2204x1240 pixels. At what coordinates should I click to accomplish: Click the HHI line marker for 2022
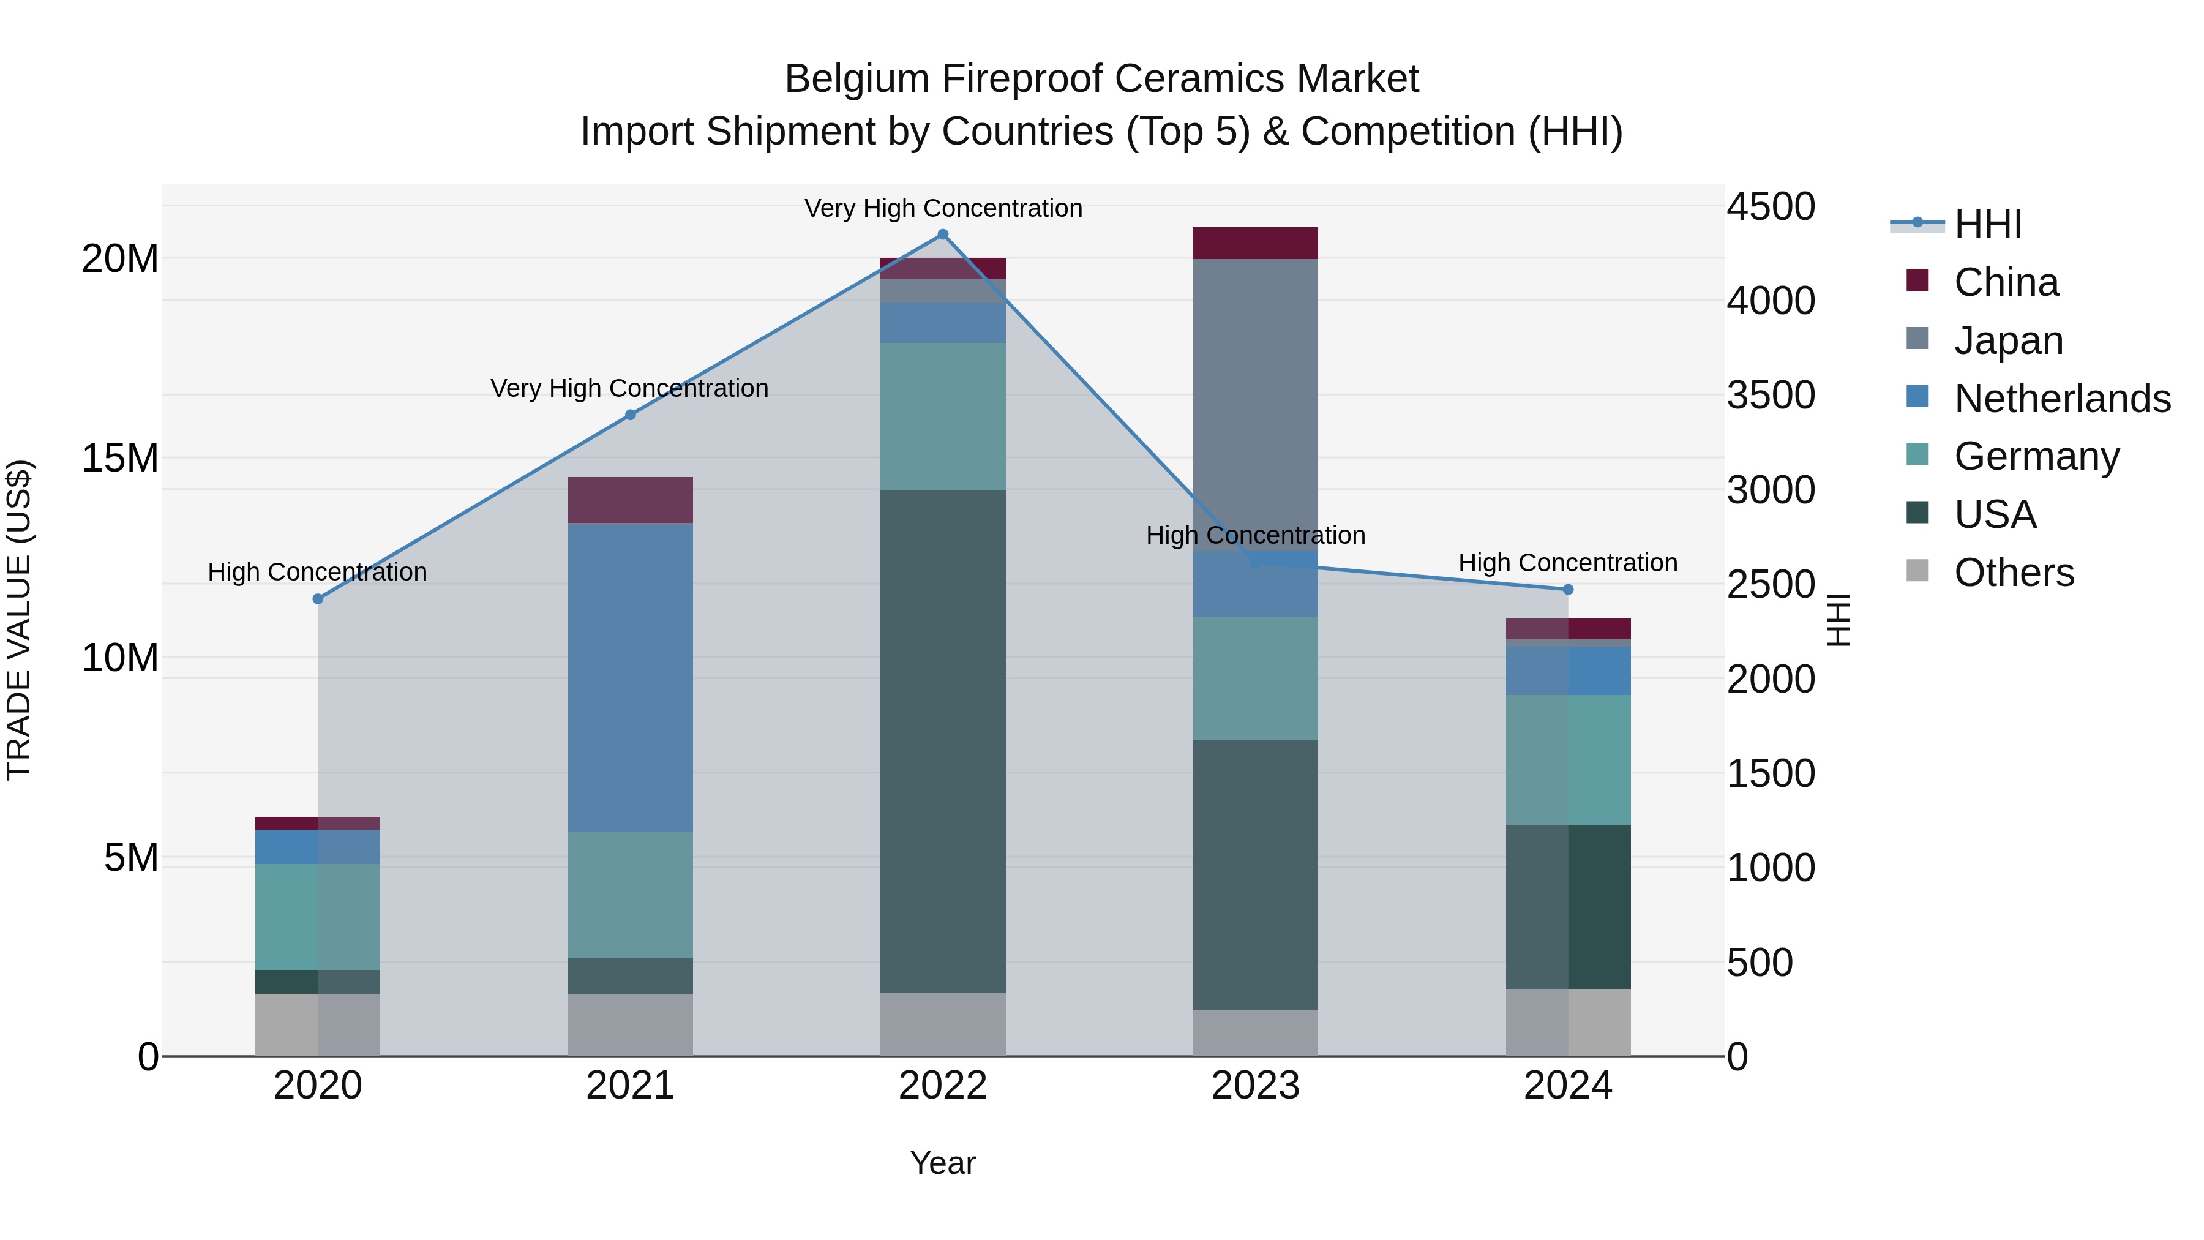click(x=943, y=235)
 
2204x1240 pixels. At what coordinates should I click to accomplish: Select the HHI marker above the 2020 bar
click(x=317, y=599)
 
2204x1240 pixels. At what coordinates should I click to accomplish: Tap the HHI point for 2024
click(x=1567, y=590)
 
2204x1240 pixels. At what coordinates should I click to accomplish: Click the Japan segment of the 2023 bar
click(x=1255, y=402)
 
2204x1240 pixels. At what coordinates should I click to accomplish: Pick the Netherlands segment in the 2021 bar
click(x=630, y=676)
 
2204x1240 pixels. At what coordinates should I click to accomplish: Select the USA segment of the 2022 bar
click(x=943, y=740)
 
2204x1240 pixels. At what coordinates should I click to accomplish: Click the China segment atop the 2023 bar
click(x=1255, y=243)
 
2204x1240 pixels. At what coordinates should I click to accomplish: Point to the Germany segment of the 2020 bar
click(x=317, y=915)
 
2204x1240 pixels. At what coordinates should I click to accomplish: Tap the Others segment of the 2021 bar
click(x=630, y=1024)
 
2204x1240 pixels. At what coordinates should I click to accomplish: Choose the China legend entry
click(x=2006, y=282)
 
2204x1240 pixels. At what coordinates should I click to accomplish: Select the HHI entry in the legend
click(x=1987, y=224)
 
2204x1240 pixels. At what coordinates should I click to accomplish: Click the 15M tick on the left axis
click(x=120, y=458)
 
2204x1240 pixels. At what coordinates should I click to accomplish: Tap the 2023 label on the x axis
click(x=1255, y=1086)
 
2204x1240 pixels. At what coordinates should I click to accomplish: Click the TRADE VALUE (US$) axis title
click(x=19, y=620)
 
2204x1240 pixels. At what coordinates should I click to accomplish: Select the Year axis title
click(x=943, y=1163)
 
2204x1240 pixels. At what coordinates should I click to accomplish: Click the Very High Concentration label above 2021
click(x=630, y=388)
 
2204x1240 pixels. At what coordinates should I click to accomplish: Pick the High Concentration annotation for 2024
click(x=1567, y=563)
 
